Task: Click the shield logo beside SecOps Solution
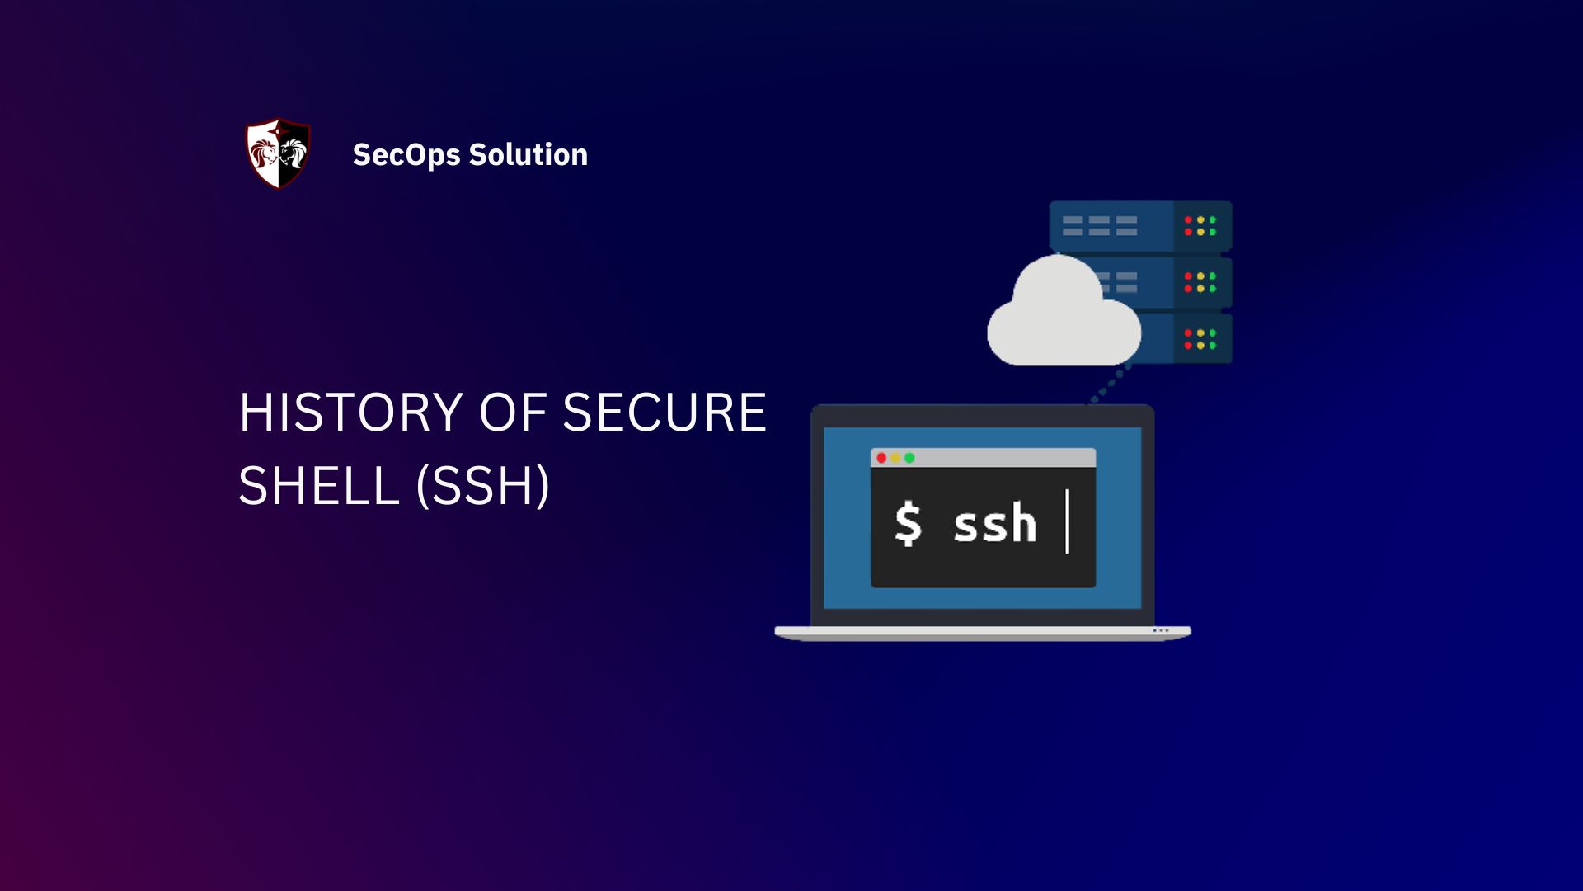click(279, 153)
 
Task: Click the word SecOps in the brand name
click(406, 155)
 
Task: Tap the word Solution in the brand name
click(528, 154)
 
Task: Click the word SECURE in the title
click(665, 412)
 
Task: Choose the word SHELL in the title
click(319, 485)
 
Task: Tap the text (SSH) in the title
click(483, 485)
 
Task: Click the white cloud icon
click(1063, 318)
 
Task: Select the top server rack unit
click(1140, 226)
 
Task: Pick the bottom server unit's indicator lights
click(1200, 339)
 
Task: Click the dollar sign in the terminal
click(908, 524)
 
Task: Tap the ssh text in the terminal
click(994, 524)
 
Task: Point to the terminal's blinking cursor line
click(1067, 521)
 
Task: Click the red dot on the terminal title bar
click(881, 458)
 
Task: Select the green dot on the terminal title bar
click(909, 458)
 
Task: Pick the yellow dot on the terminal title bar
click(895, 458)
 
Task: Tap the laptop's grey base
click(982, 633)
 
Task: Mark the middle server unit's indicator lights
click(1200, 282)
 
